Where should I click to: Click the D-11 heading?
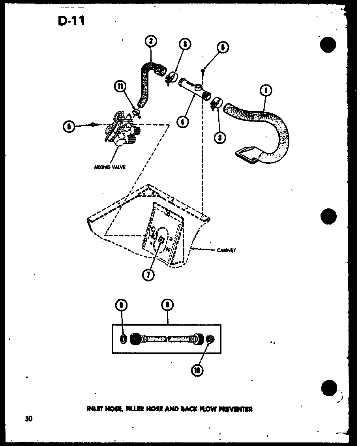click(x=71, y=20)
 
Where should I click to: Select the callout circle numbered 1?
click(x=266, y=91)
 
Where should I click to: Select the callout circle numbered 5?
click(x=223, y=47)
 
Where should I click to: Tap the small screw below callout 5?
click(x=203, y=70)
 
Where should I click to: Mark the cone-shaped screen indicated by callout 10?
click(x=211, y=339)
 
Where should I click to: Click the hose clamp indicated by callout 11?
click(x=137, y=114)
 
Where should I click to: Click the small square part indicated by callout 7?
click(x=161, y=240)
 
